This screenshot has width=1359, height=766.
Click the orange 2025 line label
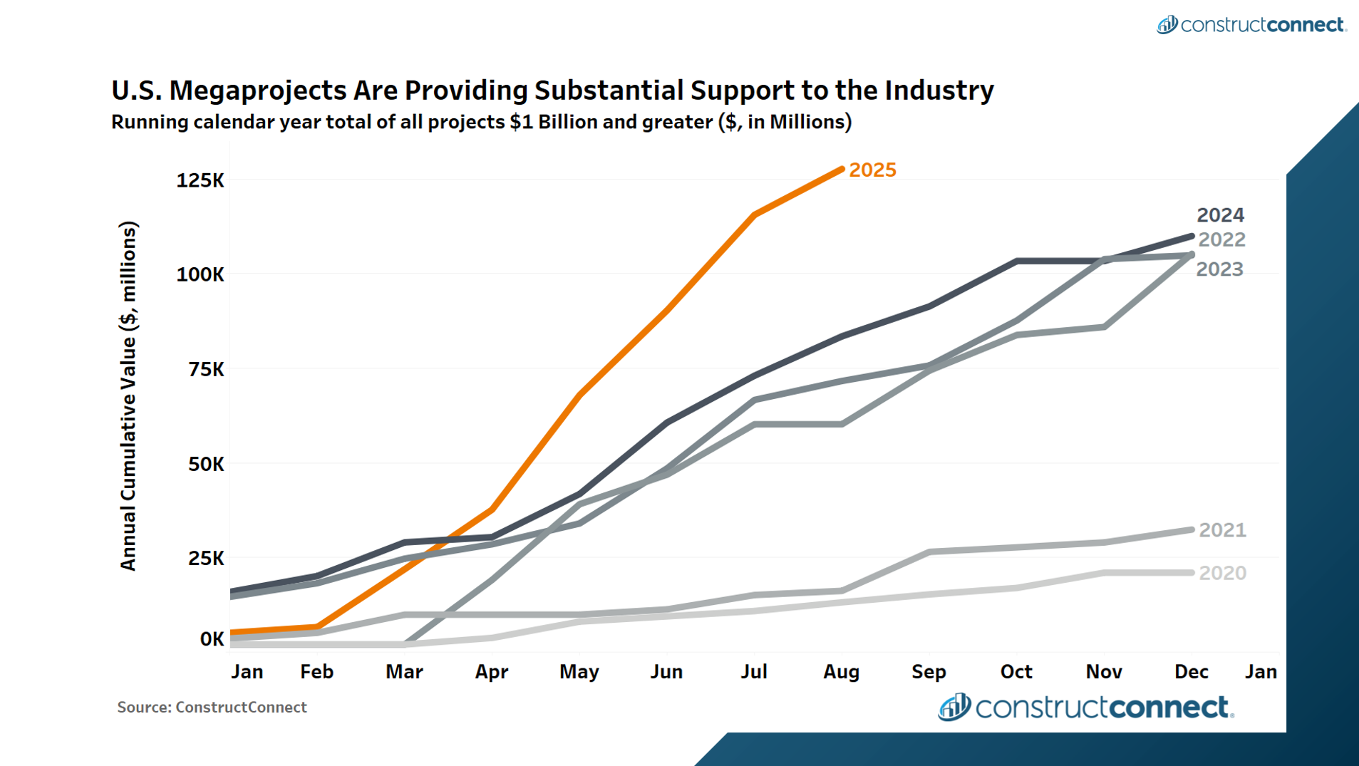click(x=872, y=170)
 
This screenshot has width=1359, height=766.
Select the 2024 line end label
click(x=1220, y=215)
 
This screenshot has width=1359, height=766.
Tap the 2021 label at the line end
click(x=1222, y=530)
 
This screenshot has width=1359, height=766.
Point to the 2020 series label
click(x=1222, y=573)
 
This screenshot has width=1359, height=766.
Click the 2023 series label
click(x=1219, y=269)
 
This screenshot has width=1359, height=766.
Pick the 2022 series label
click(x=1221, y=240)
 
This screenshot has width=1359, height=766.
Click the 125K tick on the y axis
click(x=200, y=180)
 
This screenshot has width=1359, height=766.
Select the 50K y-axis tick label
click(x=206, y=465)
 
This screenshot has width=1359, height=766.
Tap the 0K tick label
click(x=212, y=639)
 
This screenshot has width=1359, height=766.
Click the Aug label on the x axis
click(x=841, y=672)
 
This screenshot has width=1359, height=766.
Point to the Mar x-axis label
click(x=404, y=672)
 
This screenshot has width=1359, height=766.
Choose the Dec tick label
click(x=1191, y=672)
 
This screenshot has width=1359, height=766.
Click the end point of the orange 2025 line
click(x=842, y=170)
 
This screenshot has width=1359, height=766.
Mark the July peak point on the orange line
click(x=754, y=214)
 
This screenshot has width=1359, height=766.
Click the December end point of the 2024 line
click(x=1192, y=236)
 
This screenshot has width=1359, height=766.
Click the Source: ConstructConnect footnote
click(x=212, y=708)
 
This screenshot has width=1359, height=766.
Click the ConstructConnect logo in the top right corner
click(x=1251, y=25)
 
